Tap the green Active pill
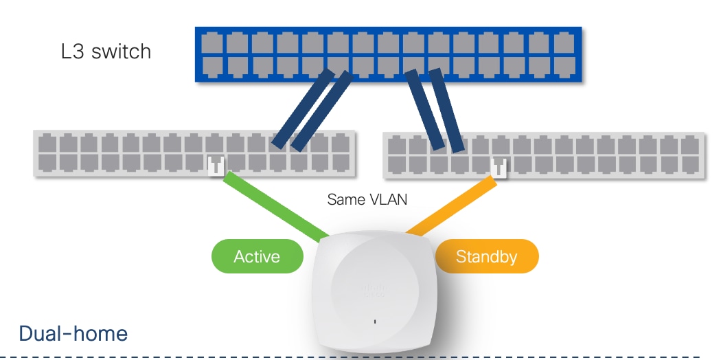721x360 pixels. coord(257,257)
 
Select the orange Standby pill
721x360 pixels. coord(486,258)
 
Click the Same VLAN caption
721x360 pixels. coord(367,200)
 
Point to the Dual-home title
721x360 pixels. coord(73,334)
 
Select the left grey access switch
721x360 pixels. coord(195,153)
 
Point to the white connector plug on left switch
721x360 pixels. coord(216,165)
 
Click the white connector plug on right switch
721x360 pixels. coord(499,167)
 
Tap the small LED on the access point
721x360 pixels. coord(375,321)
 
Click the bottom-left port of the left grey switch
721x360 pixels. coord(47,162)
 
